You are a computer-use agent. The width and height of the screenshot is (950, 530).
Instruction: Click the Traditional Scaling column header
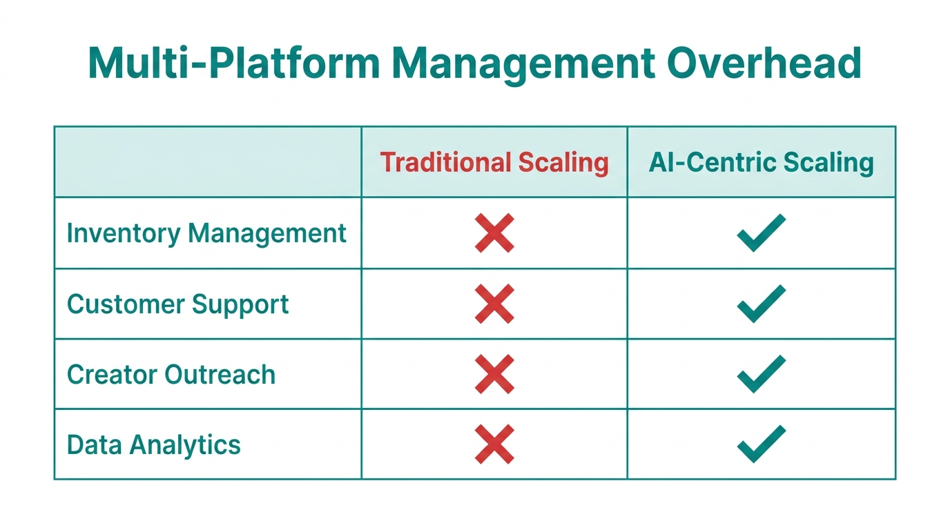tap(494, 162)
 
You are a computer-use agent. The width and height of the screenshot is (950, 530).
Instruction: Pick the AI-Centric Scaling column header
tap(761, 162)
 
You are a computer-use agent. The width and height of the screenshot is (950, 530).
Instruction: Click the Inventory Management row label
tap(206, 233)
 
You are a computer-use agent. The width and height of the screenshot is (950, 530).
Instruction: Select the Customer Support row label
tap(178, 304)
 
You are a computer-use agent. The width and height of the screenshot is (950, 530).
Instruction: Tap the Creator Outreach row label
tap(171, 375)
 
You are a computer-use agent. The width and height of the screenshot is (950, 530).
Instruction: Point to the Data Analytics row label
tap(154, 444)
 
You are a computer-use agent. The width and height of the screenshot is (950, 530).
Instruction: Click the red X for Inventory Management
tap(494, 233)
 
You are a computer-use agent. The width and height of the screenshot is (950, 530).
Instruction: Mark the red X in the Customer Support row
tap(494, 304)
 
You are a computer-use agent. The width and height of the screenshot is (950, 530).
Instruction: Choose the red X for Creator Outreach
tap(494, 374)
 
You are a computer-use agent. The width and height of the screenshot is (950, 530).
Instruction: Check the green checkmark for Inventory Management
tap(761, 233)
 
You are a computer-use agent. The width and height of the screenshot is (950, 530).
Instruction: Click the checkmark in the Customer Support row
tap(761, 304)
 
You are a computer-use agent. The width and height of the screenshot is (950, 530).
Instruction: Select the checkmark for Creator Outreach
tap(761, 374)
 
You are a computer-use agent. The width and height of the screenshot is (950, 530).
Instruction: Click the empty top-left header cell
tap(207, 162)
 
